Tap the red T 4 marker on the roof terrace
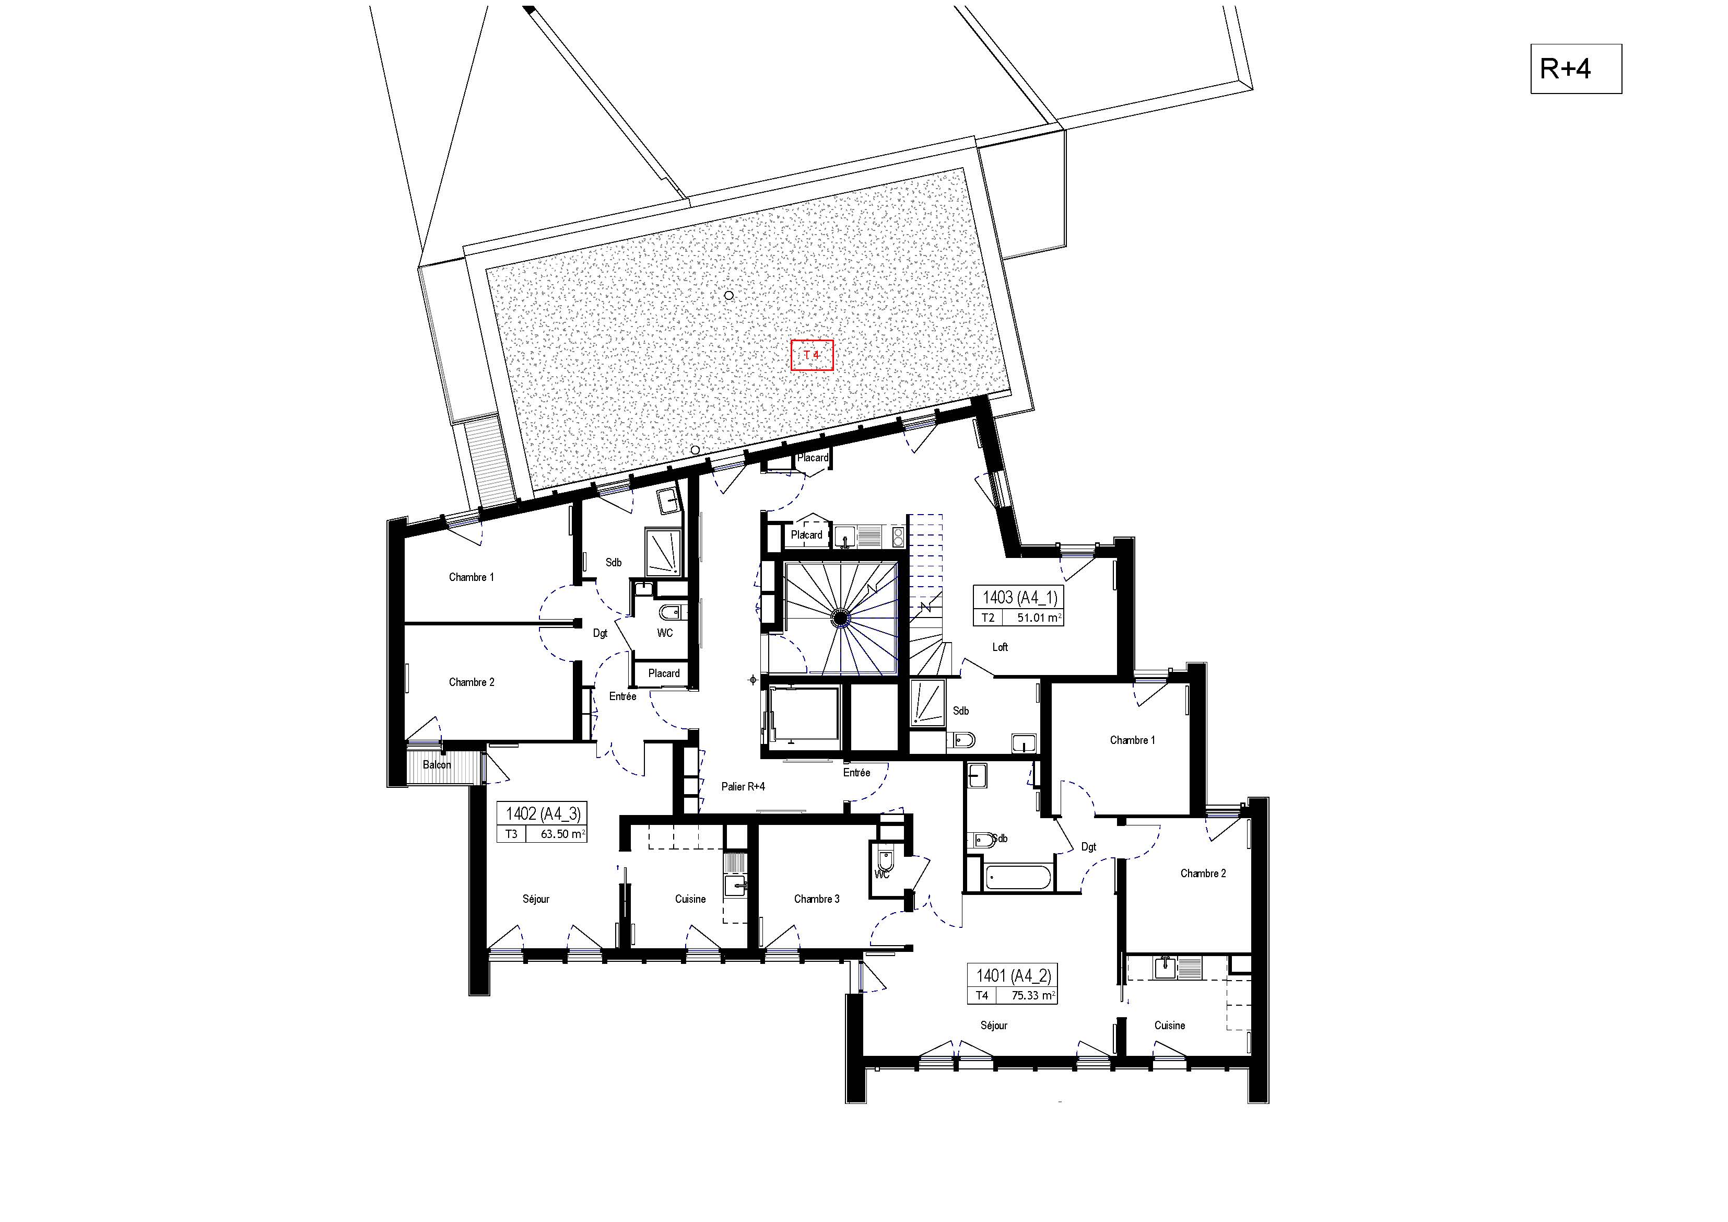click(812, 355)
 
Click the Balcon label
click(437, 764)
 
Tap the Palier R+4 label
click(743, 786)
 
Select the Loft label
click(1000, 647)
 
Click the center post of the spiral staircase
click(840, 618)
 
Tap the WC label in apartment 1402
click(665, 633)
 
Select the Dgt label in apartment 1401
click(1088, 846)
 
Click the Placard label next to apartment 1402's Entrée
click(663, 673)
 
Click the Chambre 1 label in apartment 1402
click(471, 577)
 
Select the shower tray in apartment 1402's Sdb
click(663, 550)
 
